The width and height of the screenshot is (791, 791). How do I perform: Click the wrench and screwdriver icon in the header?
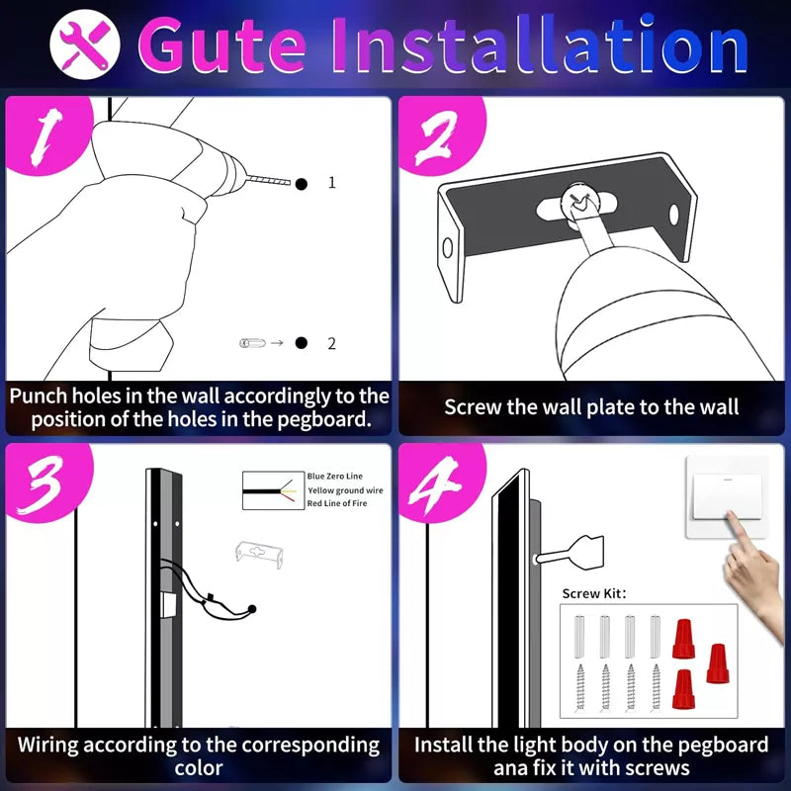(x=84, y=44)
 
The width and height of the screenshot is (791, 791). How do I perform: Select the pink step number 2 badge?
(x=435, y=138)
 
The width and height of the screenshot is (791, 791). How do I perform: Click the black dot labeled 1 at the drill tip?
(x=301, y=183)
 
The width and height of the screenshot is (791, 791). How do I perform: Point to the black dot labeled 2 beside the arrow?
(x=301, y=343)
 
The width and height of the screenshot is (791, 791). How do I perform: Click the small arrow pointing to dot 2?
(x=277, y=343)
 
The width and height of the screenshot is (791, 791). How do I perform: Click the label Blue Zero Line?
(x=334, y=477)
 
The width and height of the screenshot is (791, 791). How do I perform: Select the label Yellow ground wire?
(x=345, y=490)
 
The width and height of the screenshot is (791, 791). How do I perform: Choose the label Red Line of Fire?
(x=339, y=504)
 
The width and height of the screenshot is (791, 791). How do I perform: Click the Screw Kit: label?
(x=594, y=593)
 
